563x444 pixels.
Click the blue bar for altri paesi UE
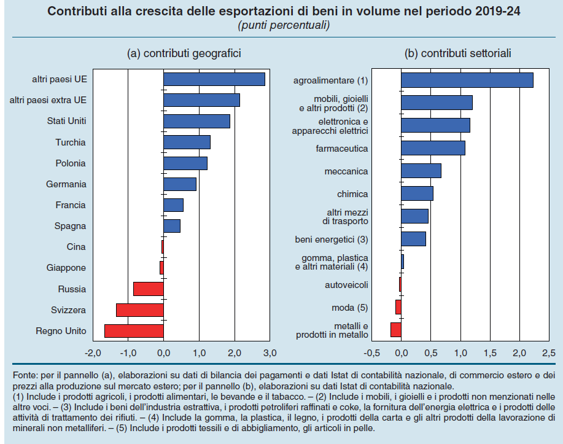(214, 79)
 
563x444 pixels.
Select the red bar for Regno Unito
(134, 331)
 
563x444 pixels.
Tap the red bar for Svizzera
(140, 310)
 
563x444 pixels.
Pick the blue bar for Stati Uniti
(196, 121)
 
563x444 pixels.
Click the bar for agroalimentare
(467, 80)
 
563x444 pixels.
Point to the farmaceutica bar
(433, 148)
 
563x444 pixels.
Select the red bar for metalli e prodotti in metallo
(396, 330)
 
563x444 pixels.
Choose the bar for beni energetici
(413, 239)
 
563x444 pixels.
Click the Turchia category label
(71, 142)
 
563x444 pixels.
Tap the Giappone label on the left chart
(66, 268)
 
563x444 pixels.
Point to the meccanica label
(346, 171)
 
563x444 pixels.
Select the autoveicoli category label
(346, 285)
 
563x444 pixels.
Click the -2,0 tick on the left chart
(92, 354)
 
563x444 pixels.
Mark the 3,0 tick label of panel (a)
(270, 354)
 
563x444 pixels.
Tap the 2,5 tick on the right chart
(549, 354)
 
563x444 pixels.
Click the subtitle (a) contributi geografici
(184, 53)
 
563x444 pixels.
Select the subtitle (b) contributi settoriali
(458, 53)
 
